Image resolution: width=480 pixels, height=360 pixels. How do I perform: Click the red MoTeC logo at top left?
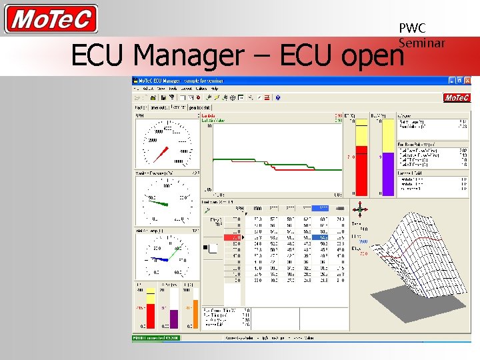51,19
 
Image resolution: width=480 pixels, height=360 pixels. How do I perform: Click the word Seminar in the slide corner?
421,43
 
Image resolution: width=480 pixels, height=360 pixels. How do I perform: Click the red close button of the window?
467,81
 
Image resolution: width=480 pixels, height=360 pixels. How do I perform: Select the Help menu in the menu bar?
214,88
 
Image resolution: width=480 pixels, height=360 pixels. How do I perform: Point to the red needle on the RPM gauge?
160,153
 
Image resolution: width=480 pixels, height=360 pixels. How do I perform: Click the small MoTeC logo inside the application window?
457,97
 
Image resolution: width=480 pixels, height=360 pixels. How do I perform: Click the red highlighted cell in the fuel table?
233,237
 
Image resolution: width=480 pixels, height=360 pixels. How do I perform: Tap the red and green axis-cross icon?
360,209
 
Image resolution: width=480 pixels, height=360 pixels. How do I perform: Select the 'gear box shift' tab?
199,107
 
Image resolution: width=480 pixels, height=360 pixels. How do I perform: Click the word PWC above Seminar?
412,29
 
